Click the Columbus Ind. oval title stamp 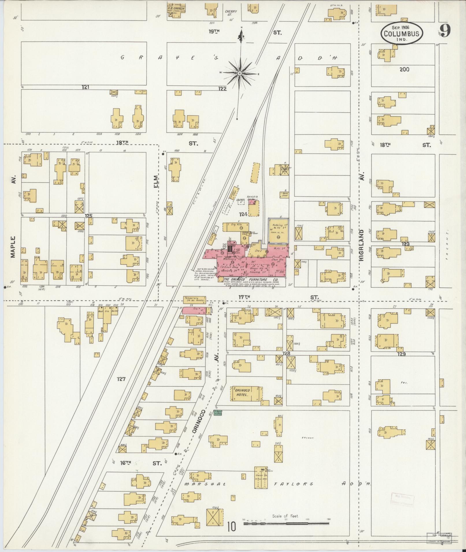point(401,33)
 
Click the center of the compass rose point(240,74)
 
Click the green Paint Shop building point(218,413)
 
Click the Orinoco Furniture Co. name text point(251,280)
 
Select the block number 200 point(404,69)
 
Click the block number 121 point(86,87)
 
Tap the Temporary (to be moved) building point(194,300)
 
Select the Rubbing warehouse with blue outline point(278,230)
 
